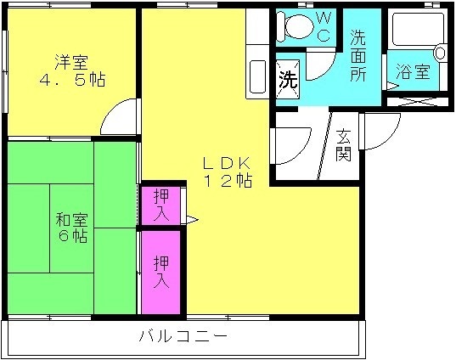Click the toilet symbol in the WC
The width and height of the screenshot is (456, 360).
click(x=296, y=26)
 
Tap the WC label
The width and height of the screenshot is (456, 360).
click(x=323, y=27)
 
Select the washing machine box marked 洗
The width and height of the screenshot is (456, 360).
click(x=288, y=78)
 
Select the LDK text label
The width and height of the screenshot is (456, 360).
click(x=227, y=165)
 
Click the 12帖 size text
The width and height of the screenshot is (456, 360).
click(x=228, y=181)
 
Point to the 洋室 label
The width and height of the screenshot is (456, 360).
click(x=71, y=62)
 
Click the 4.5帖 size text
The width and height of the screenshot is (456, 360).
click(x=72, y=79)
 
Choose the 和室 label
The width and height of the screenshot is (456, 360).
click(x=71, y=220)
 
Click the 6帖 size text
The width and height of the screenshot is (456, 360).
click(x=73, y=236)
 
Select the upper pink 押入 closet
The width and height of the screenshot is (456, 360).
click(x=160, y=205)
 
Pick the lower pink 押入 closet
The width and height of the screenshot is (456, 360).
click(x=160, y=273)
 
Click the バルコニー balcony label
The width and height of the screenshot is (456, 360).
click(x=183, y=336)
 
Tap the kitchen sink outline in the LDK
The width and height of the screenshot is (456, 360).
click(x=257, y=76)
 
